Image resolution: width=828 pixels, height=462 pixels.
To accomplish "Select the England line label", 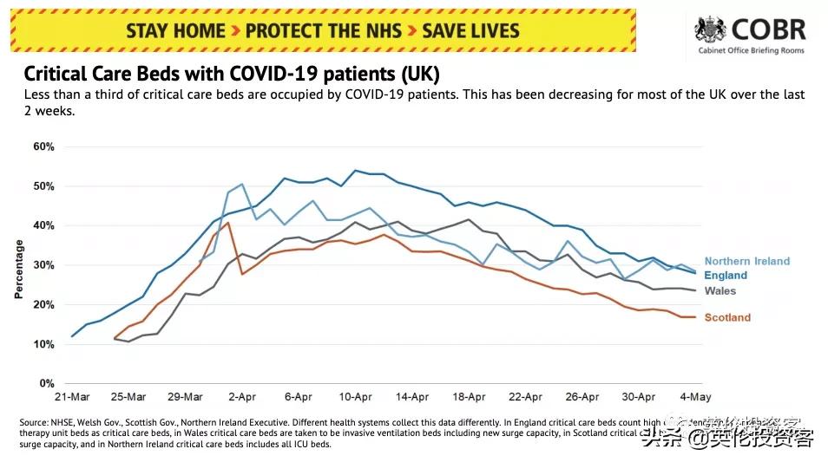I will pos(726,276).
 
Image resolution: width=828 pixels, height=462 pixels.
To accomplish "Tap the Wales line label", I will pos(720,291).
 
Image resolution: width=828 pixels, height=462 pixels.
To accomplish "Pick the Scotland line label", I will pos(727,317).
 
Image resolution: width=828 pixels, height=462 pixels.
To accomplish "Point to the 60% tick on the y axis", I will pos(44,146).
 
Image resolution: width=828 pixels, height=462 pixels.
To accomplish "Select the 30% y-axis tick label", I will pos(44,265).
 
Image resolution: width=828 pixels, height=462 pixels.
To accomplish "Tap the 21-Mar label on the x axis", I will pos(72,397).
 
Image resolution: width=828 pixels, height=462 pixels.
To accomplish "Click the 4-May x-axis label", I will pos(695,397).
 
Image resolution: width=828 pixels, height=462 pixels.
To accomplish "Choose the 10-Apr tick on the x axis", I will pos(355,397).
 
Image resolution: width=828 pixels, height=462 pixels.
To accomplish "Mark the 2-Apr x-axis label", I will pos(242,397).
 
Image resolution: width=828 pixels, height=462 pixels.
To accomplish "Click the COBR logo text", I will pos(769,31).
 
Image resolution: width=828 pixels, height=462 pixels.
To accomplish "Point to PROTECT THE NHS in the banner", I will pos(324,31).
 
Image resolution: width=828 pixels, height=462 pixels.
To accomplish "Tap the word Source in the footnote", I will pos(35,422).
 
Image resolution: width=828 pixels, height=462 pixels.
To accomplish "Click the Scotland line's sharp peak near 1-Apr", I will pos(228,223).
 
